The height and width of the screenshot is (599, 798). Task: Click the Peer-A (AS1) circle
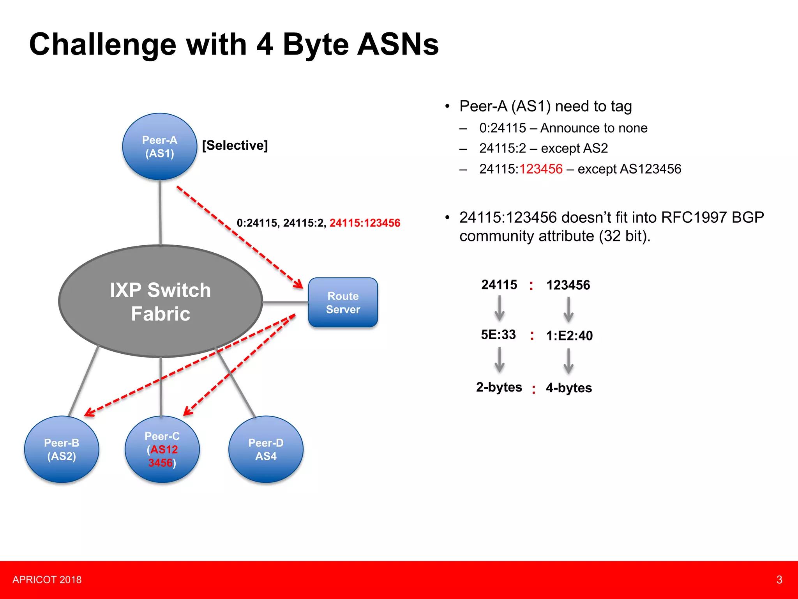[x=160, y=147]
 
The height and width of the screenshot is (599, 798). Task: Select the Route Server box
[x=343, y=303]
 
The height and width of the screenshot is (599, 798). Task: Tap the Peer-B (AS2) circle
[x=62, y=449]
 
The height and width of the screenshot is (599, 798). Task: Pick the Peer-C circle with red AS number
[x=162, y=449]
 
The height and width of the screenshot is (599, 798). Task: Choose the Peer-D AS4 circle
[x=266, y=449]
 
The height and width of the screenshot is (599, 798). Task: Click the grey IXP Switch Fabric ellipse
[x=161, y=301]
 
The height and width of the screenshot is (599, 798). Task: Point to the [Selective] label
[x=235, y=145]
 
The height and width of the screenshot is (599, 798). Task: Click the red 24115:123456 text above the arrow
[x=365, y=223]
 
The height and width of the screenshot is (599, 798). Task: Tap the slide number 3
[x=779, y=580]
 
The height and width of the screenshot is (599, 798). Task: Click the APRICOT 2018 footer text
[x=47, y=580]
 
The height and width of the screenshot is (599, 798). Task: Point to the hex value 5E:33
[x=498, y=335]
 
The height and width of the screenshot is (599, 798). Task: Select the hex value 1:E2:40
[x=569, y=335]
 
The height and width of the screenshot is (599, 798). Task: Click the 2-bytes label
[x=499, y=387]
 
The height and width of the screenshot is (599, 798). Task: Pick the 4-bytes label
[x=569, y=388]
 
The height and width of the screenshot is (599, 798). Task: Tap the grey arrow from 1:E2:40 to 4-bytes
[x=568, y=361]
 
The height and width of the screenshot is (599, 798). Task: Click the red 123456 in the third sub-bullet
[x=541, y=169]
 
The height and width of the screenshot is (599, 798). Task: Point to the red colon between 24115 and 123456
[x=531, y=285]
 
